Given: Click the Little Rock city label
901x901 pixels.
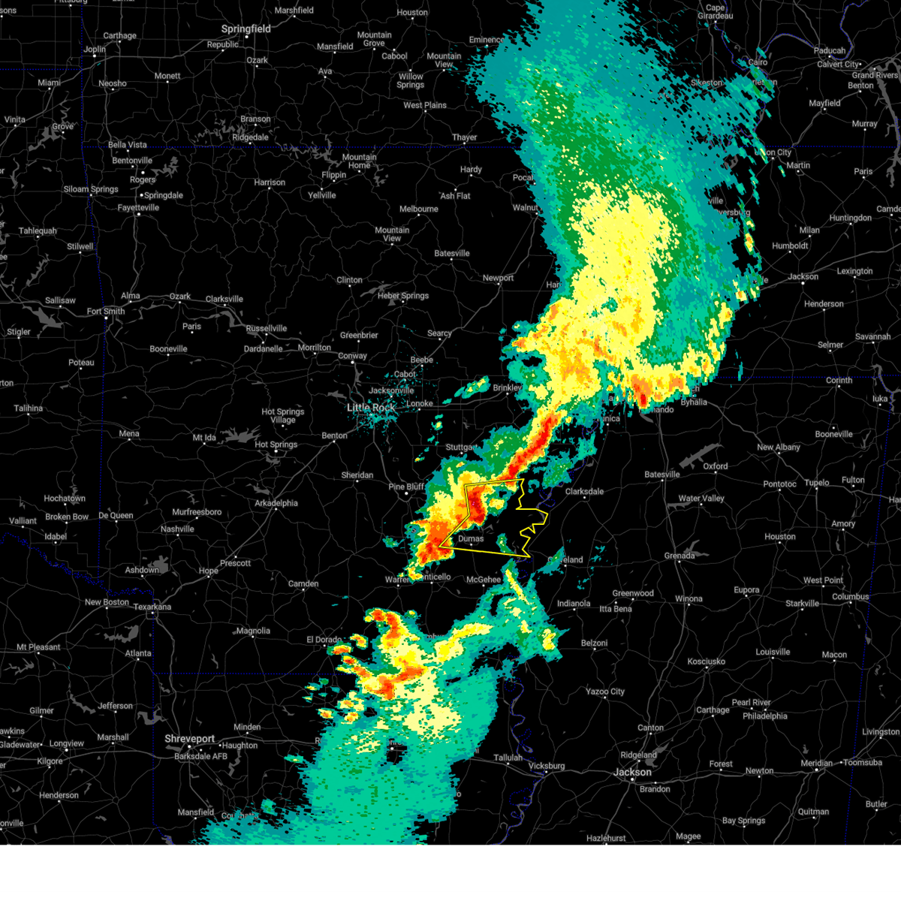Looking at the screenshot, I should [371, 408].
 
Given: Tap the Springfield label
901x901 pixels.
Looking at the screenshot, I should [246, 29].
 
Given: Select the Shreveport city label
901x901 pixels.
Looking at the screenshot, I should [190, 739].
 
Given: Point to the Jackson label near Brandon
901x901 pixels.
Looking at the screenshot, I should [632, 772].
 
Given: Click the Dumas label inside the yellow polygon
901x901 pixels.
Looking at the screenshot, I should [471, 538].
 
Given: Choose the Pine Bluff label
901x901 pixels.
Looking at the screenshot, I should [406, 487].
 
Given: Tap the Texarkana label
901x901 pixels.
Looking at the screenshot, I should [152, 607].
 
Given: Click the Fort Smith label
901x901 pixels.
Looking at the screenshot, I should [106, 312].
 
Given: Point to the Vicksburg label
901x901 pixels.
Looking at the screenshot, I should [546, 766].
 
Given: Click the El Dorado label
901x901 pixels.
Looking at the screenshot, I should [324, 640].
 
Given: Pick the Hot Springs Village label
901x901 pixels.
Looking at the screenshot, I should [283, 416].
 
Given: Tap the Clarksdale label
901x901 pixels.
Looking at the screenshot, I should [584, 492].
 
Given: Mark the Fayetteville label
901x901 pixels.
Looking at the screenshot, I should [138, 207].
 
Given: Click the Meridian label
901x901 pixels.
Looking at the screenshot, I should [816, 763].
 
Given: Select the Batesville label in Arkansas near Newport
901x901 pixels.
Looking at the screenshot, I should [452, 253].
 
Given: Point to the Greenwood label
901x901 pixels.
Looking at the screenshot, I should [633, 593].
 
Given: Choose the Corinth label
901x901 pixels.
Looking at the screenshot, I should [839, 381].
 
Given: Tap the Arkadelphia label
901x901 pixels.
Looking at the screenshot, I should [276, 503].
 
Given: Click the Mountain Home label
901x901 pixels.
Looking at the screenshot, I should [359, 161].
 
